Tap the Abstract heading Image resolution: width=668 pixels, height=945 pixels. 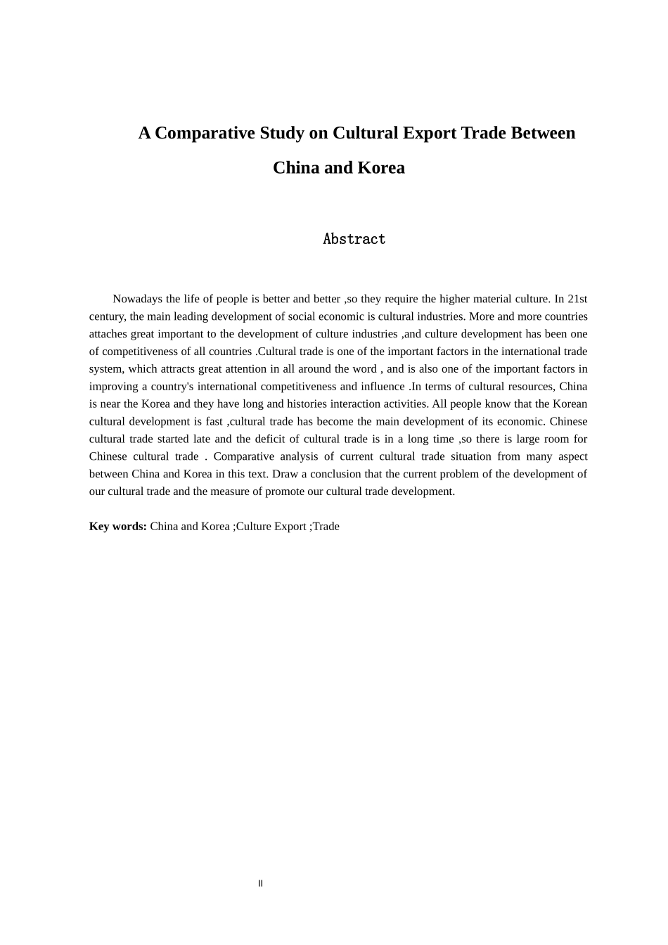354,239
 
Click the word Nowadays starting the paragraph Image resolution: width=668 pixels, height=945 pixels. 137,299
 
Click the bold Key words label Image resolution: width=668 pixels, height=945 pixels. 117,527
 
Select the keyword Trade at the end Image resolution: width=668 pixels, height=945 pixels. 326,527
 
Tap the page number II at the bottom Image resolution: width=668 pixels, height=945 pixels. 260,884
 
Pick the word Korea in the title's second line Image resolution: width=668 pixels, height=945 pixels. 381,167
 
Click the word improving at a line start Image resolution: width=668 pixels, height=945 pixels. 113,386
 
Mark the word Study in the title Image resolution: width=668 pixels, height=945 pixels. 283,133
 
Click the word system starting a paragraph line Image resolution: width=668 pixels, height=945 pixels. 105,369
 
